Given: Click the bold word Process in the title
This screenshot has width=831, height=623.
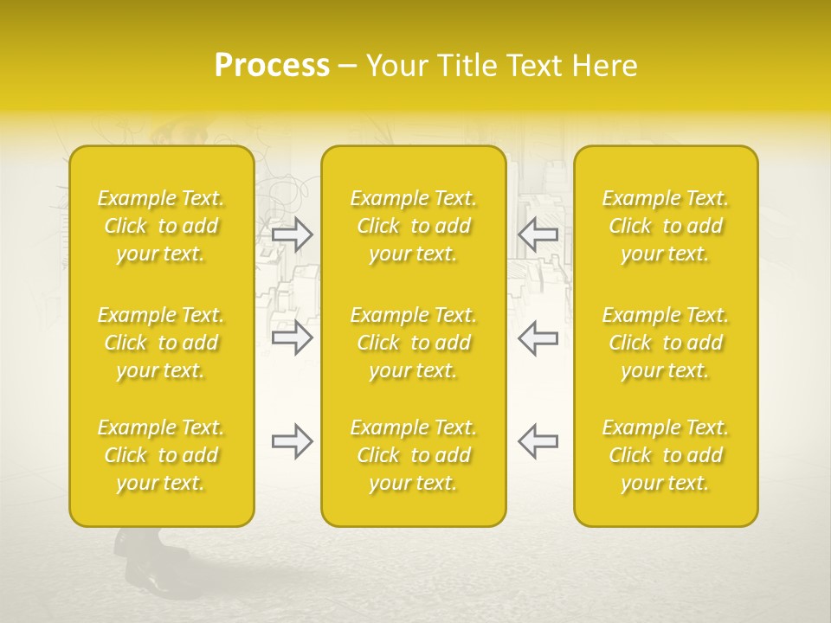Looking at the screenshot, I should pos(272,66).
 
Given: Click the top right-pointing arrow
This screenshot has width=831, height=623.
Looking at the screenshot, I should pos(293,234).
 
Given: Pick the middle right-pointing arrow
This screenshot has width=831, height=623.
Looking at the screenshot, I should pos(293,337).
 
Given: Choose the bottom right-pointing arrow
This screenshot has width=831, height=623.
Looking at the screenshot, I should pos(293,441).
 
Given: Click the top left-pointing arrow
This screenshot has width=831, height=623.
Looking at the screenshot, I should pos(538,234).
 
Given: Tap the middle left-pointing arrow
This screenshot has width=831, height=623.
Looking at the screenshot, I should pos(538,337).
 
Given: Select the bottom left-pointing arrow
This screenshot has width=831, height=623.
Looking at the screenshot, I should pos(538,441).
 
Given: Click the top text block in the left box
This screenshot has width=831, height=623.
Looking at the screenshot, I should pos(161,226).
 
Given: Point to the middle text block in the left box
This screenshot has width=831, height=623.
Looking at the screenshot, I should pos(161,343).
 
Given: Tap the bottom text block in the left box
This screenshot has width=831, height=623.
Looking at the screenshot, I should pos(161,455).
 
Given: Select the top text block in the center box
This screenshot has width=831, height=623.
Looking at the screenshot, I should pos(414,226).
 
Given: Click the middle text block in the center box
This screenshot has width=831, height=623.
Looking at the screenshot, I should pos(414,343).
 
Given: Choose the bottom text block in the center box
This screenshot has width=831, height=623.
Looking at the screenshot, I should pos(414,455).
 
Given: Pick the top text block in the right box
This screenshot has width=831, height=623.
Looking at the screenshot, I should pos(666,226).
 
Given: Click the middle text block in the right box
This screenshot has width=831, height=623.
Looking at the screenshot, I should pos(666,343).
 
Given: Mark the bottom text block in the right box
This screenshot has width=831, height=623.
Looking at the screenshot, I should pos(666,455).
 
